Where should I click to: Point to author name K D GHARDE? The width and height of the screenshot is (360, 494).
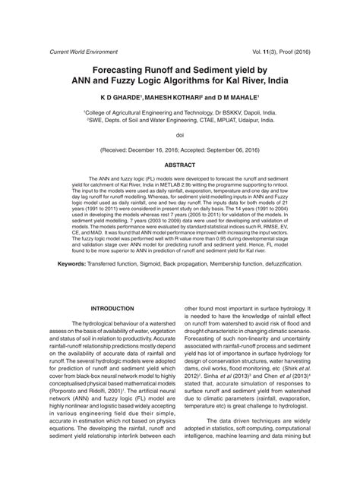pos(123,98)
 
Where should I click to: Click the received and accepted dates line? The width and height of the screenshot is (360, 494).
pos(180,150)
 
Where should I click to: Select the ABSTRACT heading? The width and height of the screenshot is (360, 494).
pos(180,164)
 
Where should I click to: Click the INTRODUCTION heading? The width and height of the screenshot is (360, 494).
pos(112,308)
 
